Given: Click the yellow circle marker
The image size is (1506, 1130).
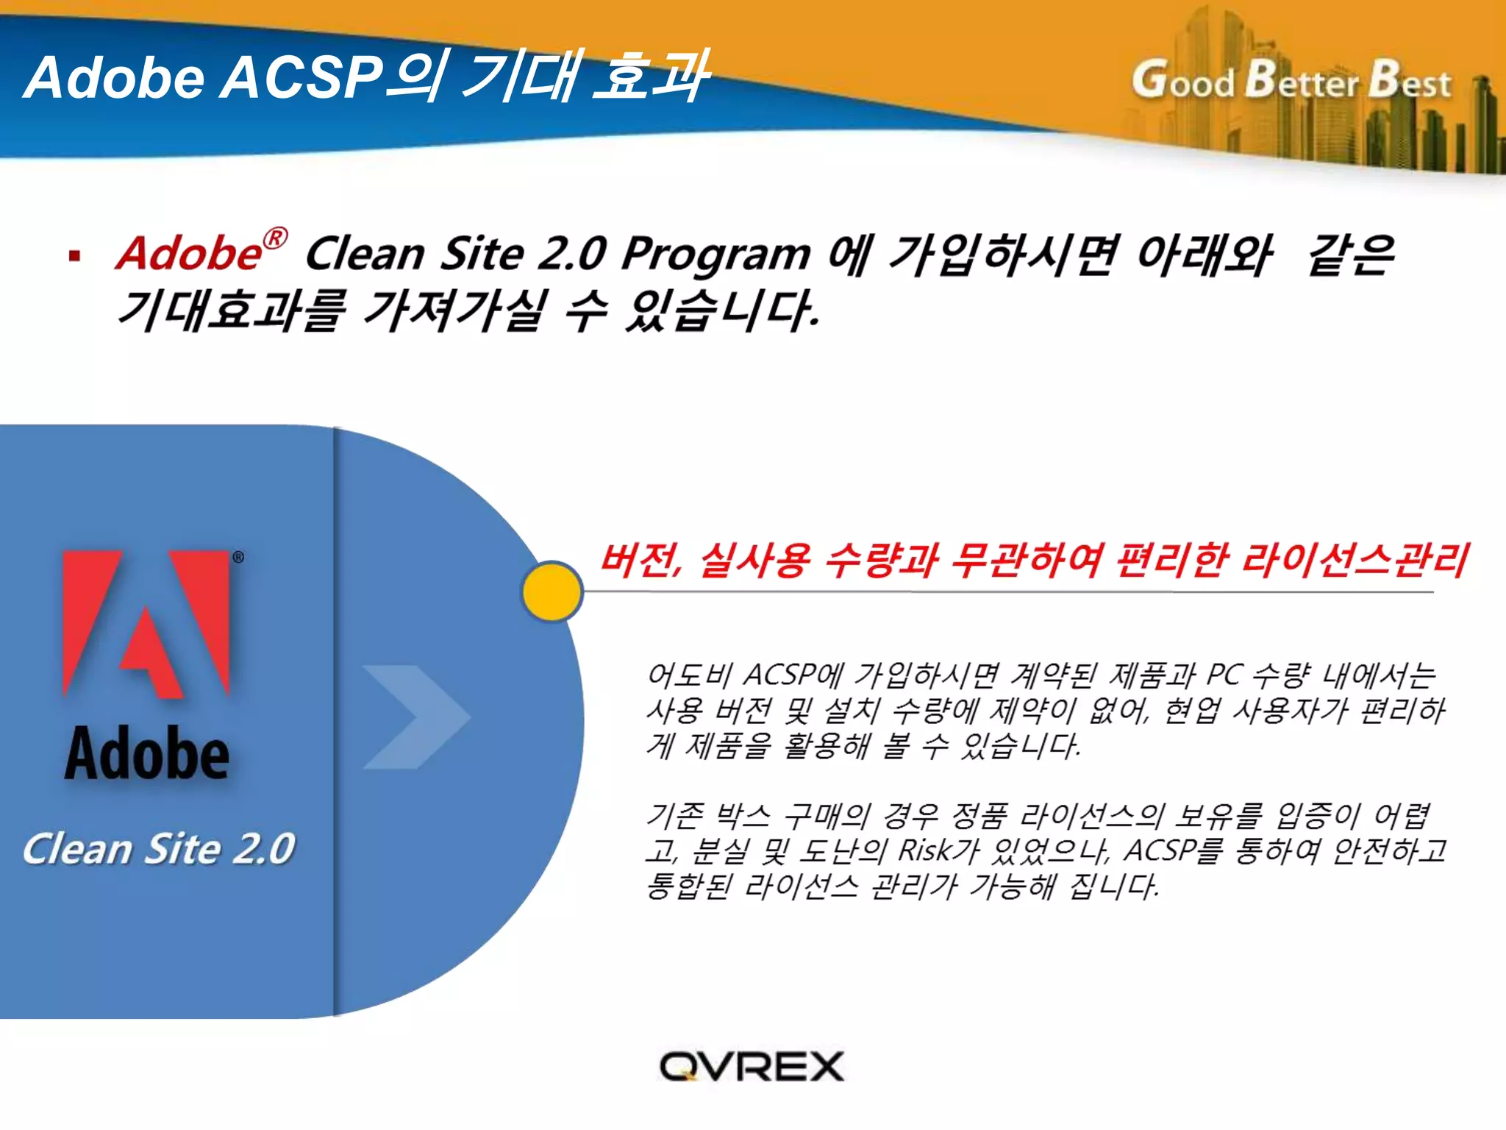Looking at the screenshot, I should [552, 591].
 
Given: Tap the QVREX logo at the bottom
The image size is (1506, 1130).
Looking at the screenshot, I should [752, 1067].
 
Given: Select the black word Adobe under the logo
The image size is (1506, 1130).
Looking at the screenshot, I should [147, 753].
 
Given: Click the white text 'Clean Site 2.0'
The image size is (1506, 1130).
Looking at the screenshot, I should [159, 848].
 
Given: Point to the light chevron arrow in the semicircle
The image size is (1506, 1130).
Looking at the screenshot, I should [416, 717].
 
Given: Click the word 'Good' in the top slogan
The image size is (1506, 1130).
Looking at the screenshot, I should [1183, 80].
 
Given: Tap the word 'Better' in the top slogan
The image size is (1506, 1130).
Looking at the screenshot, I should [1302, 80].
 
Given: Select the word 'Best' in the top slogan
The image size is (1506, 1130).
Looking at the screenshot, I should [1410, 80].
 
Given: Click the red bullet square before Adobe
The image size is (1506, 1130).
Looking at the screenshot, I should [74, 256].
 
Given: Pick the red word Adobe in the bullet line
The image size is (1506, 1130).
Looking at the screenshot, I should [189, 254].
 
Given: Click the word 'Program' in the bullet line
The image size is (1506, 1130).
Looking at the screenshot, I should [716, 255].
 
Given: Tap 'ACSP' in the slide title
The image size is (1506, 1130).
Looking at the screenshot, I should [301, 77].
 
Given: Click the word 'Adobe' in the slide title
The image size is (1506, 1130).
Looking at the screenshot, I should [115, 77].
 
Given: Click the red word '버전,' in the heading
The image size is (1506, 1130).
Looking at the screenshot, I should [642, 561].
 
